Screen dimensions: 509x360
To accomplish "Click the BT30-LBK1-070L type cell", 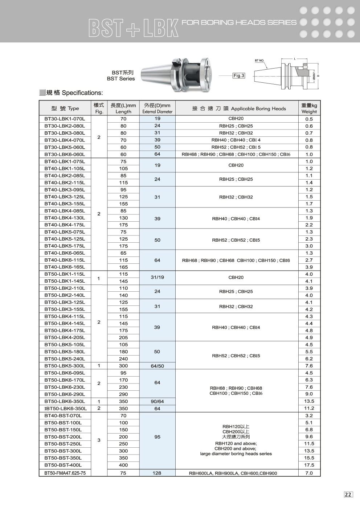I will click(x=65, y=119).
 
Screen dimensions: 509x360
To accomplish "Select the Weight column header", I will click(x=309, y=108).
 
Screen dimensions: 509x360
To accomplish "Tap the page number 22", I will click(x=348, y=494).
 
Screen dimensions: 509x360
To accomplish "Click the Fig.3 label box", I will click(x=239, y=76).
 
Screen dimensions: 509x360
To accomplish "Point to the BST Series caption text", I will click(x=120, y=78).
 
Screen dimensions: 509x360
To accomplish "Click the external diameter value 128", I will click(x=157, y=473).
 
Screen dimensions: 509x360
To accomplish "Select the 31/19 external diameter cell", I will click(x=157, y=278).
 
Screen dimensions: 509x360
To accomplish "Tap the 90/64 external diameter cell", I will click(x=157, y=401).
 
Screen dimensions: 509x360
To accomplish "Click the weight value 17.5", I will click(x=309, y=465).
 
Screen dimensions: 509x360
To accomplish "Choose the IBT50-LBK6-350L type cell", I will click(x=65, y=409).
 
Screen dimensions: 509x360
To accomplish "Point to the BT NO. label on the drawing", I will click(x=259, y=61).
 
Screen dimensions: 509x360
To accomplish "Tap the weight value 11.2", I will click(x=309, y=409).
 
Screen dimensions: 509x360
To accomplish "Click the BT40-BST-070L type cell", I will click(x=63, y=416).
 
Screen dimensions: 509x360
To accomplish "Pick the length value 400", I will click(x=123, y=465).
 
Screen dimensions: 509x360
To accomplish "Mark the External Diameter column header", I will click(x=157, y=108).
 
